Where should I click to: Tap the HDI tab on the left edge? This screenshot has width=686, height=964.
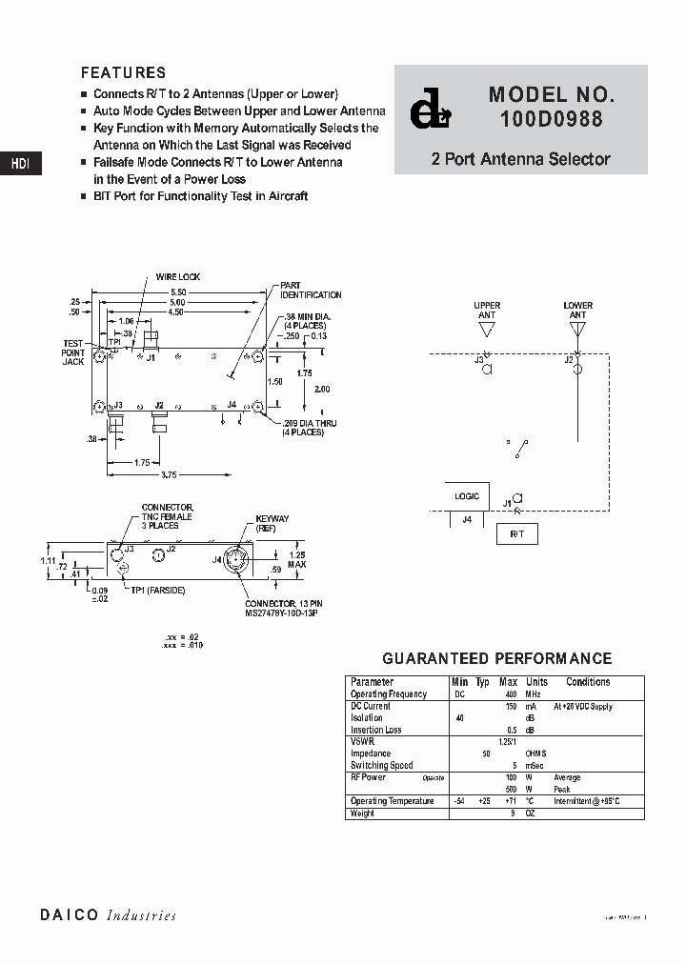(20, 164)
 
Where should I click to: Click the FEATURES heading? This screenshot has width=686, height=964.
(123, 72)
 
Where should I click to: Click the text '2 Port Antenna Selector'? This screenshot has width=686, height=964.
(520, 159)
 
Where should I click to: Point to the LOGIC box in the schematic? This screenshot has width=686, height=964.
(467, 496)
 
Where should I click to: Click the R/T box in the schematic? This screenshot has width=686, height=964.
(516, 534)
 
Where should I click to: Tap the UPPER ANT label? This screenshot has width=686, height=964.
(487, 311)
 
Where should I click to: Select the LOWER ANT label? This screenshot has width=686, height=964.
(577, 311)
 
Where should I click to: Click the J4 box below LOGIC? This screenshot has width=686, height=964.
(467, 520)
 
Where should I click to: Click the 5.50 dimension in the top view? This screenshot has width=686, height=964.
(177, 291)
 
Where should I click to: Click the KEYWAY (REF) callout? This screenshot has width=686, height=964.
(272, 523)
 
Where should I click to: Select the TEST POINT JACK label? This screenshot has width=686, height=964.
(74, 352)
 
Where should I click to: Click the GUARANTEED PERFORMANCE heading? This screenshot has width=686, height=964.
(496, 658)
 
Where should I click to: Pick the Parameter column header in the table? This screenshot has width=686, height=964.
(372, 682)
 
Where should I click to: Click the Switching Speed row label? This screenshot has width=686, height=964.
(381, 766)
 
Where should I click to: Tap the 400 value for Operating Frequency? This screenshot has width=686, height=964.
(511, 694)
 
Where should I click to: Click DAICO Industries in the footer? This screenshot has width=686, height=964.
(108, 915)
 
